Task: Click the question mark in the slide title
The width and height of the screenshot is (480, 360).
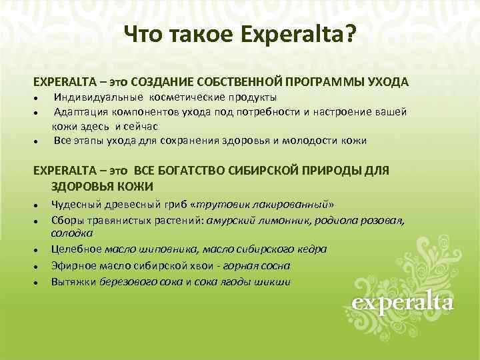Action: (x=349, y=33)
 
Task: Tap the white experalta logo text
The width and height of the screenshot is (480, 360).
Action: (x=403, y=304)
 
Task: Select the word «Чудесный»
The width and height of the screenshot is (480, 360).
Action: (x=74, y=205)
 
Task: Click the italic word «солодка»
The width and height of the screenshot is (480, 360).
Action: (x=73, y=233)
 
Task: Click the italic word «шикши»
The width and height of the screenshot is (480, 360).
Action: (x=275, y=281)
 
